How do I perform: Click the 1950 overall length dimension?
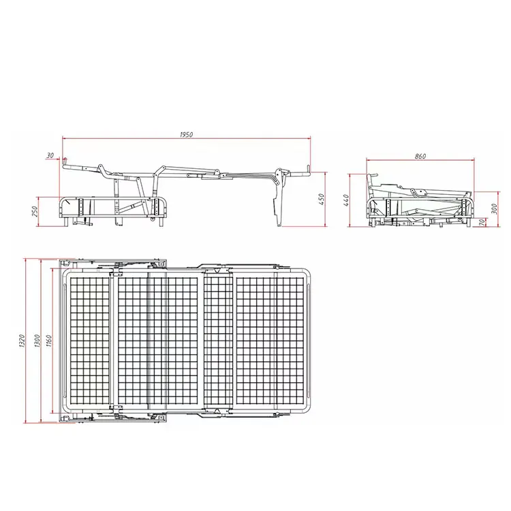click(x=187, y=135)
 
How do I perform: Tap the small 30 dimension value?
click(x=50, y=156)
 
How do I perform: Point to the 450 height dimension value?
click(x=322, y=199)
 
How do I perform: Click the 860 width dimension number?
click(x=420, y=157)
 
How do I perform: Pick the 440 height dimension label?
click(x=345, y=200)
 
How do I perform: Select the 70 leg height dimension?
click(x=483, y=221)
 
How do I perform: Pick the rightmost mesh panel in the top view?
click(x=270, y=341)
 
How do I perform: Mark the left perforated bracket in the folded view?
click(x=388, y=208)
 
